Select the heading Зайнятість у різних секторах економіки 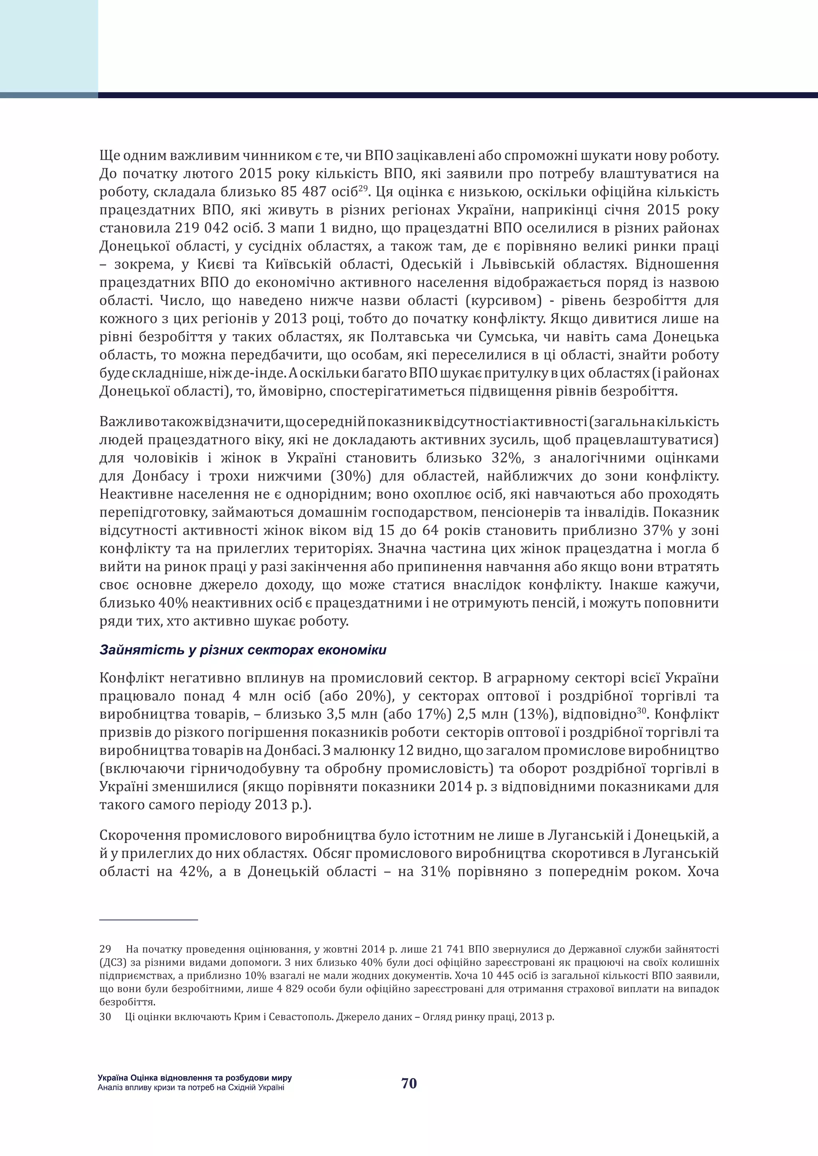pos(243,650)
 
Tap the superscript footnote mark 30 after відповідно pos(641,711)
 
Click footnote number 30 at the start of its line pos(105,1017)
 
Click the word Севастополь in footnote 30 pos(299,1017)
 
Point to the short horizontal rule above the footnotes pos(149,920)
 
